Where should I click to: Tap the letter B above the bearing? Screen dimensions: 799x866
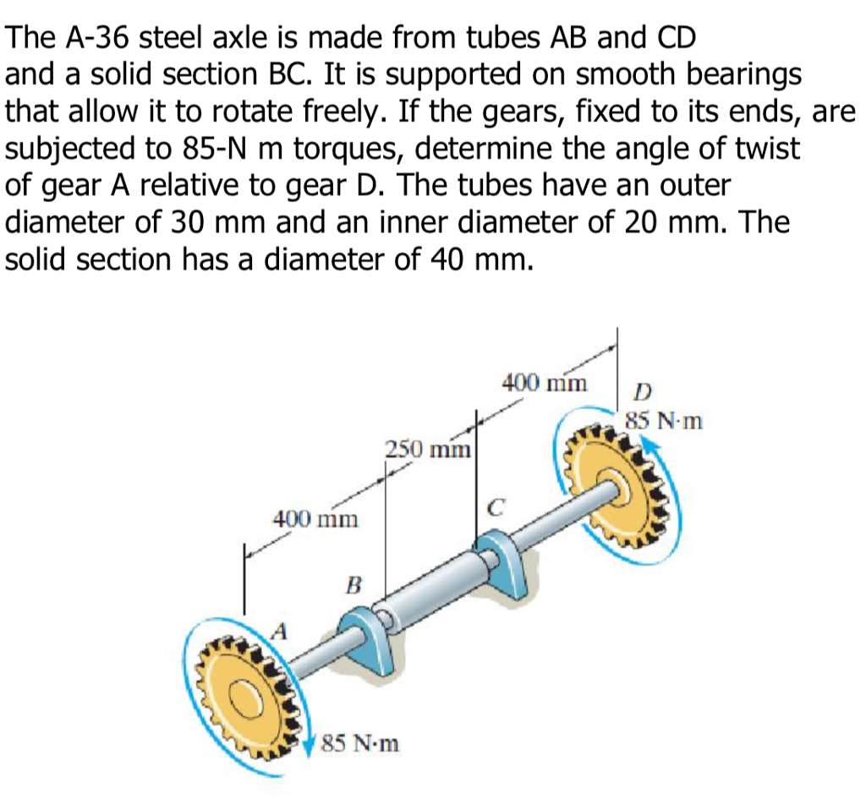(354, 583)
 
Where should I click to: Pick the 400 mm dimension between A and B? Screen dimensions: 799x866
(314, 517)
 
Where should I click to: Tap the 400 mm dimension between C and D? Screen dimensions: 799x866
(544, 382)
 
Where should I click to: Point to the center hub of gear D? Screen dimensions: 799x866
(622, 484)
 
